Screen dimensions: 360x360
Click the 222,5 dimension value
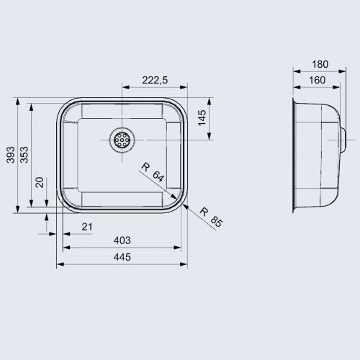pos(155,80)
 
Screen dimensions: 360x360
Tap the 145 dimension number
pos(202,117)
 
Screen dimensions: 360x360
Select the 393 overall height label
pos(11,155)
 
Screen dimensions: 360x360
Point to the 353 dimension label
pos(24,155)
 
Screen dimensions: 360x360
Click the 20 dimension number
pos(40,182)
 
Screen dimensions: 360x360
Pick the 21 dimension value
pos(87,227)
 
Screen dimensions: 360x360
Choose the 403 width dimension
pos(122,240)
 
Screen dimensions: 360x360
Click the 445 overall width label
pos(122,257)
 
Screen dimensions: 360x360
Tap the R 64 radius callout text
pos(153,172)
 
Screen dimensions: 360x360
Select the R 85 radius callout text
pos(211,217)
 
